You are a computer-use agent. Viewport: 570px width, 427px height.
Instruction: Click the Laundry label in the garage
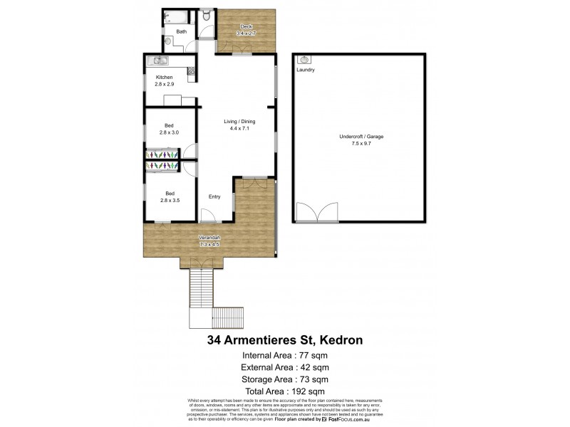[x=306, y=70]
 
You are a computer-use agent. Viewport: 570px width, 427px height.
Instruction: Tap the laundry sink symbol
[x=304, y=60]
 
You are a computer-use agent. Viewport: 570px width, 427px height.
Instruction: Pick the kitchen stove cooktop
[x=191, y=70]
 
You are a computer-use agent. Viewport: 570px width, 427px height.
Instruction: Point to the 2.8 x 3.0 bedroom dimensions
[x=170, y=133]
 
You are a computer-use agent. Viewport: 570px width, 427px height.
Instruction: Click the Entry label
[x=214, y=196]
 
